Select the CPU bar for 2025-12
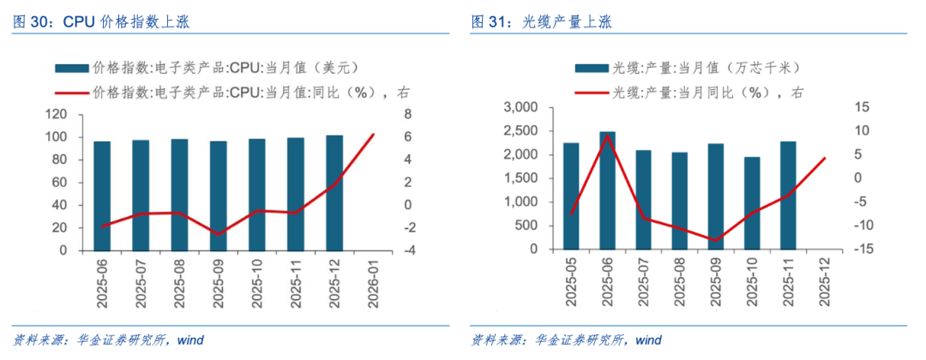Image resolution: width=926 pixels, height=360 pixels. (334, 193)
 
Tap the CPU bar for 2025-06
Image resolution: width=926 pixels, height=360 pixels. (102, 195)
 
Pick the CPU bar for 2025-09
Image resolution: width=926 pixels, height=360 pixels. (218, 195)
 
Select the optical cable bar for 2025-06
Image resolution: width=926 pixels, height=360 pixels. (607, 190)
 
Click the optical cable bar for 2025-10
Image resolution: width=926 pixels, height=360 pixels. (751, 203)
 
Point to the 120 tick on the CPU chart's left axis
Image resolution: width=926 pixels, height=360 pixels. (57, 115)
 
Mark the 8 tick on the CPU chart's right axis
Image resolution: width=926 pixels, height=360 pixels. (407, 115)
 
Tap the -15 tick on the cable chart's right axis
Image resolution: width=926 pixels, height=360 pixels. (859, 249)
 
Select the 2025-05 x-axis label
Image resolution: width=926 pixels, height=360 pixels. (572, 287)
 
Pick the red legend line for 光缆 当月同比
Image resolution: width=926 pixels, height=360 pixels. (591, 93)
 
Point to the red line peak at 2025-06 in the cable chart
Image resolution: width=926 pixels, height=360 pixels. (607, 135)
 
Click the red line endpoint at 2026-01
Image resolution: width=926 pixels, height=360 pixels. (373, 134)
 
